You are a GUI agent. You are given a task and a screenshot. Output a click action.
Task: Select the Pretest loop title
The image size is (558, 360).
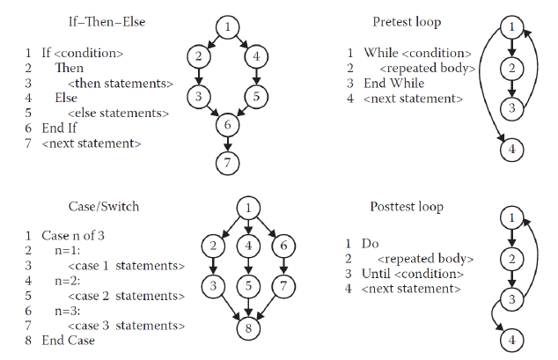click(x=407, y=21)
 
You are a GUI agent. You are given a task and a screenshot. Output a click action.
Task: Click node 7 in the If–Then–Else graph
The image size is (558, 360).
click(x=228, y=163)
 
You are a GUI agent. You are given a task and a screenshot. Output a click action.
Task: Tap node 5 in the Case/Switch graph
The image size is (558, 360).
click(x=249, y=286)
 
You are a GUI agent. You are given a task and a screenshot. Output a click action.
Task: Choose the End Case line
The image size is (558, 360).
click(x=69, y=341)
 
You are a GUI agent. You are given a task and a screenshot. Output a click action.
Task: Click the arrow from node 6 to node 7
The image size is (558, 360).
click(x=228, y=144)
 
